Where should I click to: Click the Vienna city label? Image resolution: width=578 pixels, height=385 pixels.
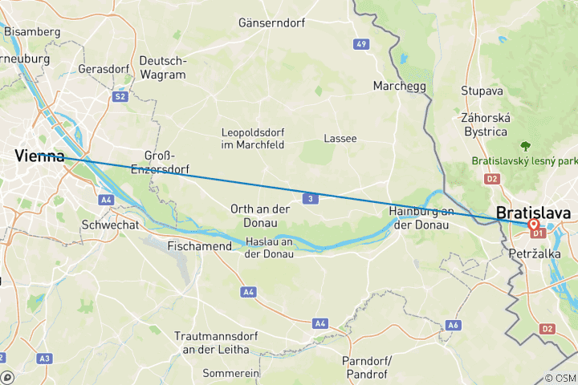[x=39, y=157]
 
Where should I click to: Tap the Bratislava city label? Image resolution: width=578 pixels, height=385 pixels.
[x=534, y=213]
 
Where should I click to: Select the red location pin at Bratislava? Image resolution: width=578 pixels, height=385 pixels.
[x=533, y=226]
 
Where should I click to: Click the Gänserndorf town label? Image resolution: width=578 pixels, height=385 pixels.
[x=271, y=23]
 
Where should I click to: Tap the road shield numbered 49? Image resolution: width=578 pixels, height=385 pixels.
[x=362, y=43]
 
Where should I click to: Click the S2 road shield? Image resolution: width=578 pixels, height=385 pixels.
[x=120, y=96]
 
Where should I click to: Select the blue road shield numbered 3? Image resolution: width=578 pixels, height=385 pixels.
[x=308, y=197]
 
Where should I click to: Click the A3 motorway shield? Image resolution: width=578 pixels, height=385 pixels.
[x=45, y=358]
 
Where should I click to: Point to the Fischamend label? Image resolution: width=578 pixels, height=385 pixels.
[x=199, y=246]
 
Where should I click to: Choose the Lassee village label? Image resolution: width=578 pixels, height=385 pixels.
[x=340, y=138]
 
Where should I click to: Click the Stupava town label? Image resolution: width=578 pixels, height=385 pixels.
[x=482, y=91]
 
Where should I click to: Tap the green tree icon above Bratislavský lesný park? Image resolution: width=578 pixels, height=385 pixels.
[x=527, y=146]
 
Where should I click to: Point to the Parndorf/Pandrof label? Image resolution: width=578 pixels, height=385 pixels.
[x=365, y=367]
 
